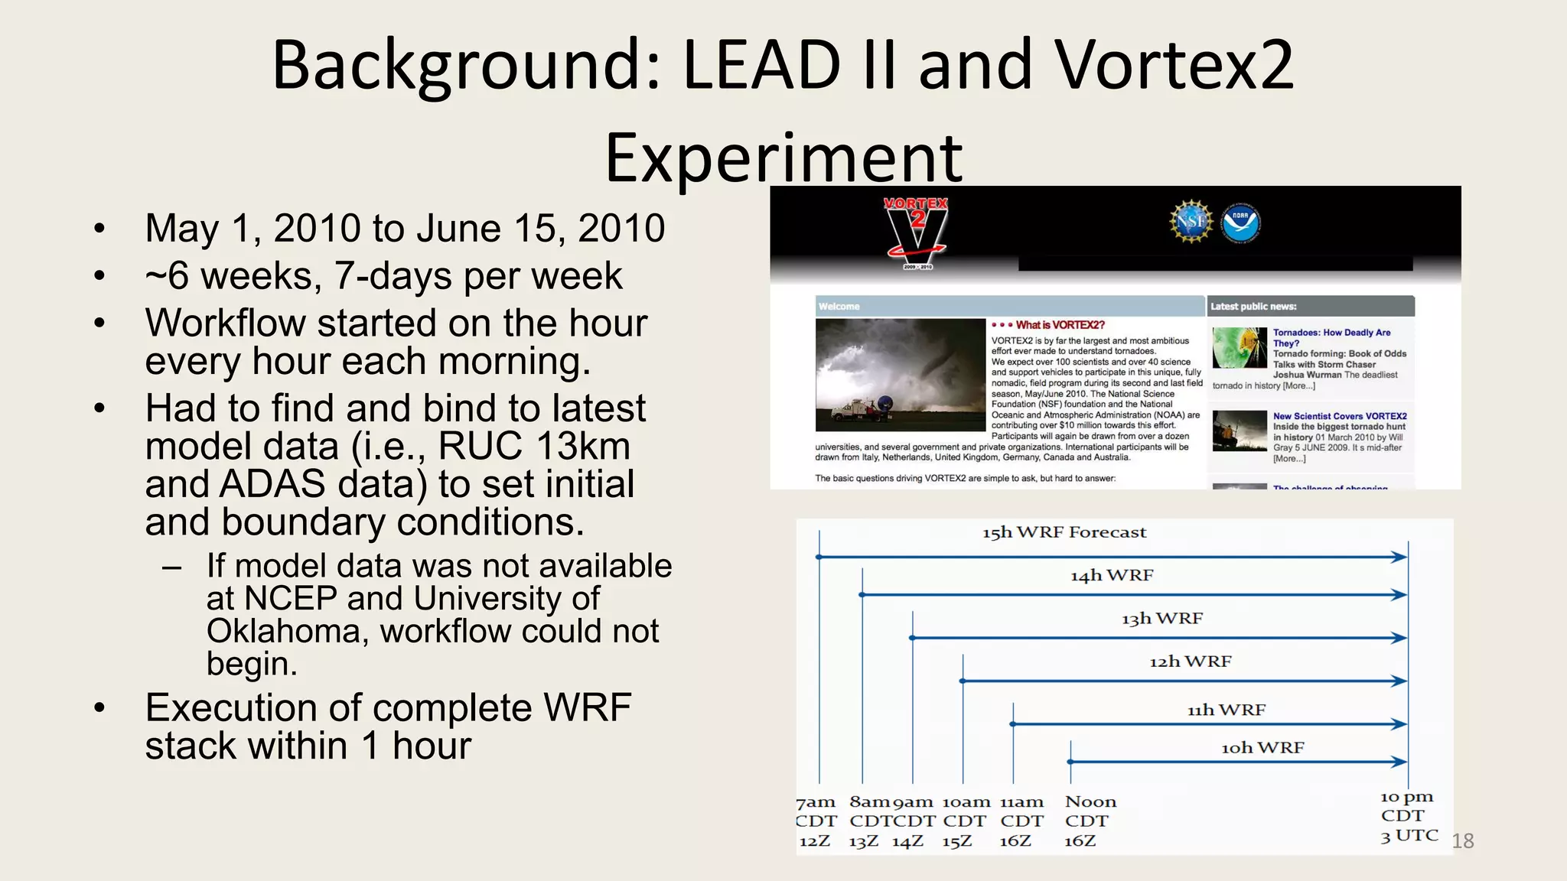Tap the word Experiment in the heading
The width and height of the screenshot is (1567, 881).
pyautogui.click(x=783, y=158)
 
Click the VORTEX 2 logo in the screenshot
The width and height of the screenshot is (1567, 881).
pyautogui.click(x=916, y=230)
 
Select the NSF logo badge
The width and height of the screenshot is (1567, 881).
pyautogui.click(x=1191, y=222)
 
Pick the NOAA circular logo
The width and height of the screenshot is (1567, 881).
pyautogui.click(x=1240, y=223)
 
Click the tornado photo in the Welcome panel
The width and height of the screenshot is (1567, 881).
pyautogui.click(x=900, y=375)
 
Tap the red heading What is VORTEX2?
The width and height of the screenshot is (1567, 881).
pyautogui.click(x=1060, y=325)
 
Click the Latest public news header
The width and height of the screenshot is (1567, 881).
pyautogui.click(x=1253, y=307)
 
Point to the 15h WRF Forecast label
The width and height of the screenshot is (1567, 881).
pyautogui.click(x=1064, y=532)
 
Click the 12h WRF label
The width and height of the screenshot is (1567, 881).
pyautogui.click(x=1190, y=662)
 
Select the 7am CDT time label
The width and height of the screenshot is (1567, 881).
pyautogui.click(x=816, y=811)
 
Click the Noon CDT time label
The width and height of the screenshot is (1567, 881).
pyautogui.click(x=1090, y=811)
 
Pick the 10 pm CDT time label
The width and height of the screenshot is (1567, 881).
pyautogui.click(x=1406, y=806)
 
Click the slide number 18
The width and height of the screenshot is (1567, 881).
pyautogui.click(x=1462, y=841)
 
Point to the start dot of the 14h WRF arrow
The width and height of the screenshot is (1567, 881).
pyautogui.click(x=862, y=594)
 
